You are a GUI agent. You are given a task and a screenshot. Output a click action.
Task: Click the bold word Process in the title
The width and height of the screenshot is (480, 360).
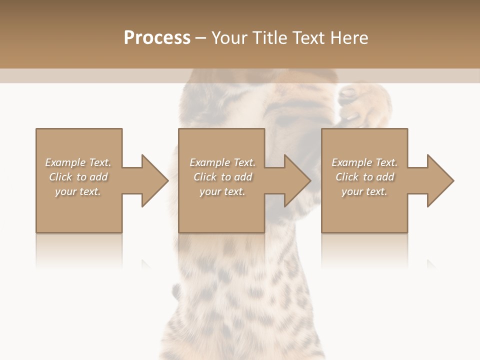pyautogui.click(x=157, y=38)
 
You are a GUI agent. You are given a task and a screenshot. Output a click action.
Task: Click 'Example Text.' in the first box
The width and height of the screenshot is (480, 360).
pyautogui.click(x=78, y=162)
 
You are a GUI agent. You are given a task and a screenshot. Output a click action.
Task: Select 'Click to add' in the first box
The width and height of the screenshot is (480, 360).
pyautogui.click(x=78, y=177)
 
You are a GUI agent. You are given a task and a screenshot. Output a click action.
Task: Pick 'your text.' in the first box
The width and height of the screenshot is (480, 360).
pyautogui.click(x=78, y=191)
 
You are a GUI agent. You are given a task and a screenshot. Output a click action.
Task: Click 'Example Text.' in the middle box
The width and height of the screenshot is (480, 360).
pyautogui.click(x=222, y=162)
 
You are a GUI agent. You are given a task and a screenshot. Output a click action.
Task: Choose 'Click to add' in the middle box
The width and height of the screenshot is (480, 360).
pyautogui.click(x=222, y=177)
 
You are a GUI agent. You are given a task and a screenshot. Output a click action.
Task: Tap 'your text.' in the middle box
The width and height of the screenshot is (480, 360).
pyautogui.click(x=222, y=191)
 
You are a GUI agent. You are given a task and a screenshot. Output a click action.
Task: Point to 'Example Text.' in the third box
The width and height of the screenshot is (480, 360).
pyautogui.click(x=364, y=162)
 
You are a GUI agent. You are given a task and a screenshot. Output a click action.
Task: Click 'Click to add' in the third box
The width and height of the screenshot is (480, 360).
pyautogui.click(x=364, y=177)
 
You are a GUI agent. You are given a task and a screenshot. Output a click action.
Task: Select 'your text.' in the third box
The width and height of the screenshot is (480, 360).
pyautogui.click(x=364, y=191)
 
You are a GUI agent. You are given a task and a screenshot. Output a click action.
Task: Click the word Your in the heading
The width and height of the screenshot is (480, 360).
pyautogui.click(x=228, y=38)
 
